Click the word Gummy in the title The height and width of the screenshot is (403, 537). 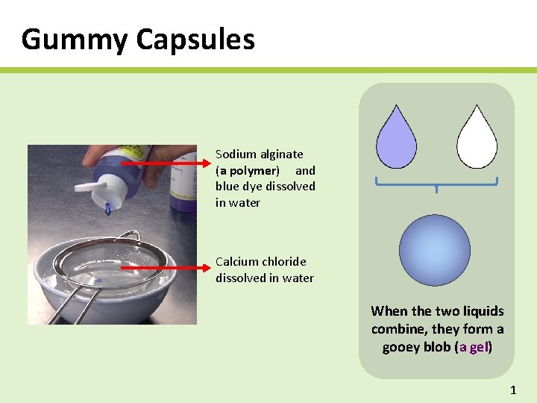[73, 40]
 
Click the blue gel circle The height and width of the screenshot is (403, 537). [435, 251]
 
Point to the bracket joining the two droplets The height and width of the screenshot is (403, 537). [436, 183]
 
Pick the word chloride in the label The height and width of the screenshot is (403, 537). [285, 262]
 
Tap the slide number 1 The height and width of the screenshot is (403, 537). [512, 390]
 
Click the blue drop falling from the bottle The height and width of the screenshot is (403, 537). [109, 210]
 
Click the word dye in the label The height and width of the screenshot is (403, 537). [252, 187]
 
